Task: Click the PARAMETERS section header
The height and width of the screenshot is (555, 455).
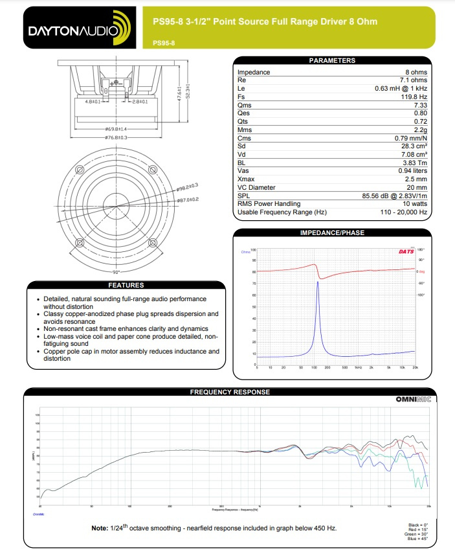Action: click(332, 60)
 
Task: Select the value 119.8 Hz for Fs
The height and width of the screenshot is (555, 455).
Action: click(411, 96)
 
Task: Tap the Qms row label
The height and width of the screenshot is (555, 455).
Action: click(245, 105)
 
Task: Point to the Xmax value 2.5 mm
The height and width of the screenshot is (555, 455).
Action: click(414, 179)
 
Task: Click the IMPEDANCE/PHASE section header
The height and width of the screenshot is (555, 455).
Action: click(333, 232)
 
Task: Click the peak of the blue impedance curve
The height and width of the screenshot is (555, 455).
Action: click(318, 282)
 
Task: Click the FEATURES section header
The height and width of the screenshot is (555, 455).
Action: click(126, 285)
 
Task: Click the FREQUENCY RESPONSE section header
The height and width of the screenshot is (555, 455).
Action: click(230, 392)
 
